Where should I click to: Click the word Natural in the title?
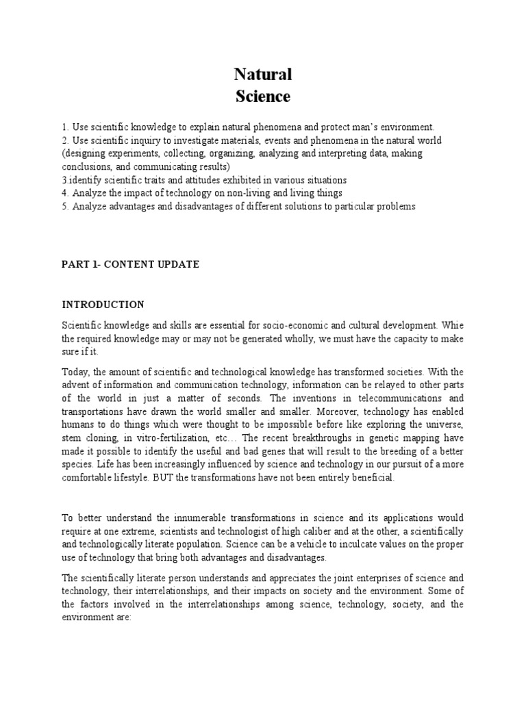click(263, 74)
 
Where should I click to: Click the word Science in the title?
click(263, 97)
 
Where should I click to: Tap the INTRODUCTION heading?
click(103, 304)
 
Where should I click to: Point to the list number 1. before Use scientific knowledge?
click(66, 127)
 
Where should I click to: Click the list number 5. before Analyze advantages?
click(66, 206)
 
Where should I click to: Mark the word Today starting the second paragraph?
click(75, 372)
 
